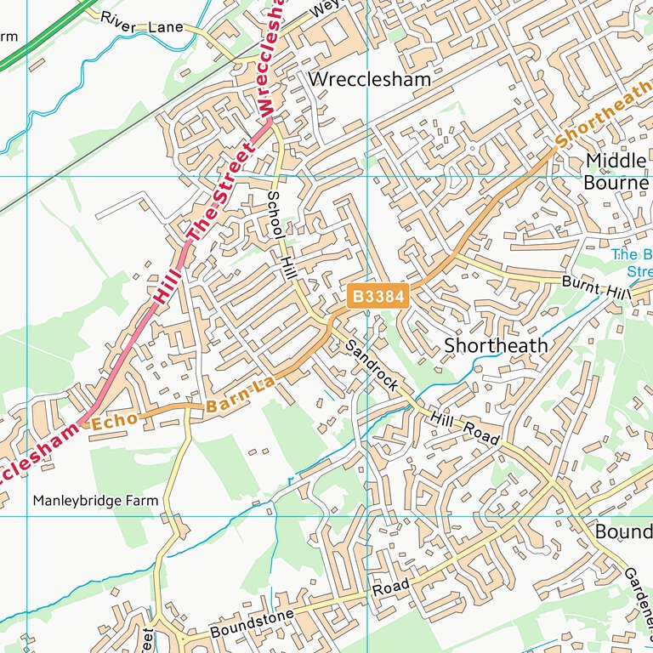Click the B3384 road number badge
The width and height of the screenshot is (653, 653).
(378, 297)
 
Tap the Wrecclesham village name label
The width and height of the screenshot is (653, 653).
(370, 79)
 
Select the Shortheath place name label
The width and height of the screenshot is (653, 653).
(497, 346)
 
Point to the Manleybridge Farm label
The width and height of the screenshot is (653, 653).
(95, 501)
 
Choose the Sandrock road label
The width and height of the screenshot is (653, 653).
(372, 366)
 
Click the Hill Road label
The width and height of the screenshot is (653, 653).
(463, 424)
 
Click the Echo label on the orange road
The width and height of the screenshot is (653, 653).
(113, 419)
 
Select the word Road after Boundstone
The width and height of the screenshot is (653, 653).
(390, 588)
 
